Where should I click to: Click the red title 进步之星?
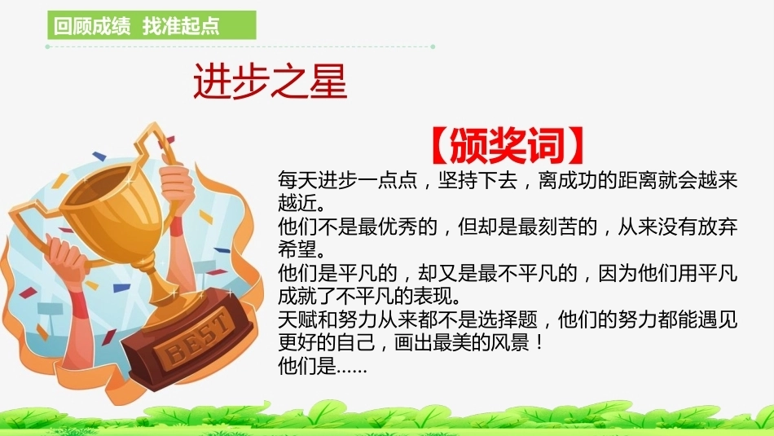[x=270, y=81]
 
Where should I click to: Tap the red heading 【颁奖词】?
[x=508, y=145]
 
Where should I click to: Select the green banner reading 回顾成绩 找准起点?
[x=152, y=24]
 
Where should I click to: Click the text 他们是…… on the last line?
[x=323, y=366]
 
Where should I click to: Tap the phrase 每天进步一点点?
[x=348, y=180]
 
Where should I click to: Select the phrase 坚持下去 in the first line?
[x=477, y=180]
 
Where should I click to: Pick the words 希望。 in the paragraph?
[x=301, y=249]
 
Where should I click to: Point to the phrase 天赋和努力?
[x=328, y=319]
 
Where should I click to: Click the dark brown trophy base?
[x=190, y=341]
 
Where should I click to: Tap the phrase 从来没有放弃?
[x=677, y=227]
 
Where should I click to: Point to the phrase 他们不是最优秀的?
[x=358, y=227]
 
